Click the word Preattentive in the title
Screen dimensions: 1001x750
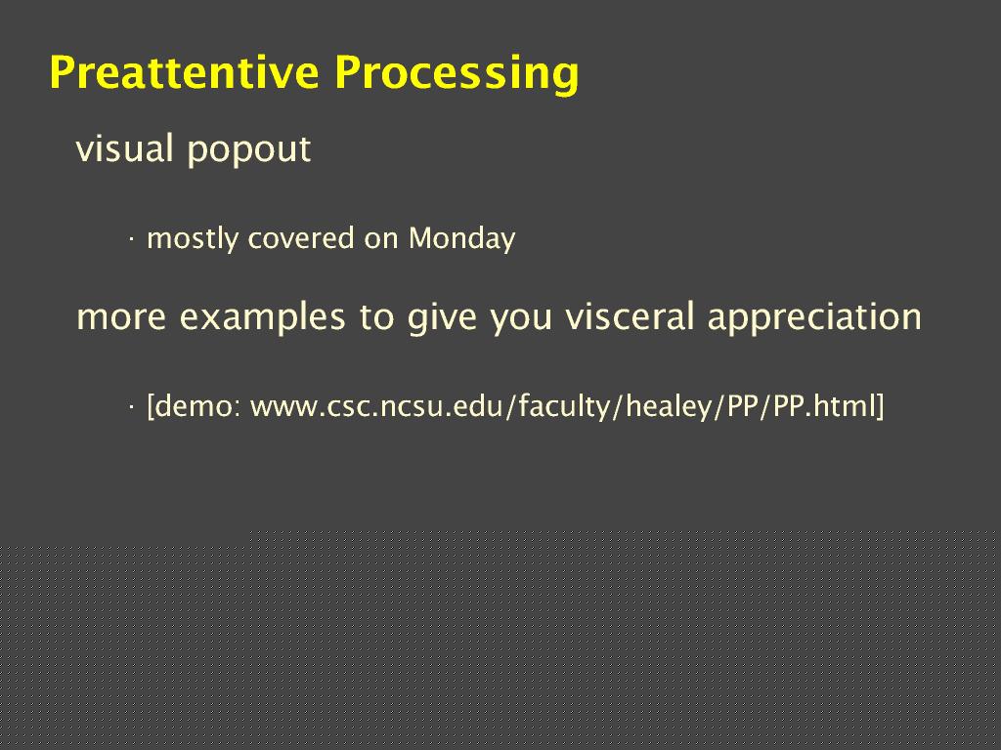[184, 72]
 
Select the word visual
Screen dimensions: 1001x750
[125, 148]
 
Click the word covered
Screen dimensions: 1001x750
[301, 238]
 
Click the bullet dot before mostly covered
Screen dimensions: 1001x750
[131, 240]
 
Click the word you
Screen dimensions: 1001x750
[521, 320]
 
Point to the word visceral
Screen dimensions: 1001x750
[631, 316]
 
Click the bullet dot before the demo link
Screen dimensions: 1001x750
[131, 406]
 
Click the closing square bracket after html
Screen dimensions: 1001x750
[881, 407]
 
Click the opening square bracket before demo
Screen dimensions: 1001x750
[151, 407]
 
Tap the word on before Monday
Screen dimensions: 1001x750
[381, 241]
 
